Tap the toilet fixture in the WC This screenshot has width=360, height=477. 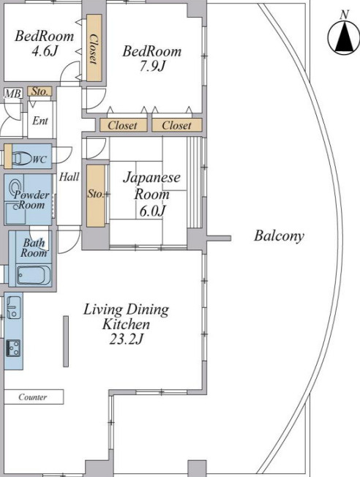[22, 158]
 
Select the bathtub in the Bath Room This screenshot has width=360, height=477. [34, 275]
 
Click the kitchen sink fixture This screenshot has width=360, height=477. [13, 307]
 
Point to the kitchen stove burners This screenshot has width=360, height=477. [13, 348]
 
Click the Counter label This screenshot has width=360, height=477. [33, 397]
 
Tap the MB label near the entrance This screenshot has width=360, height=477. [12, 94]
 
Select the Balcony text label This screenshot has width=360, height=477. [279, 236]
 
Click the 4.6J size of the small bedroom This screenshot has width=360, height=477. [45, 50]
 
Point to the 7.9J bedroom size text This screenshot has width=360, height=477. [152, 66]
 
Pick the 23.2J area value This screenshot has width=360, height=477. [126, 339]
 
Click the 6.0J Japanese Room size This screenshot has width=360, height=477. [152, 211]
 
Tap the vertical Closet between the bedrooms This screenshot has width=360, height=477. [94, 48]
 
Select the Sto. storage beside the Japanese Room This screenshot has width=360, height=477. [96, 195]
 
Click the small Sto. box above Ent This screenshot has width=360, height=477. [40, 91]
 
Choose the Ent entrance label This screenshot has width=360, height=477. [40, 121]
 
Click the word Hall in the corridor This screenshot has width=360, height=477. [69, 176]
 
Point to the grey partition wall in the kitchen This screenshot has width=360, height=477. [66, 341]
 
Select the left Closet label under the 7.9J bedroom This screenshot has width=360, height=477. [123, 125]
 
